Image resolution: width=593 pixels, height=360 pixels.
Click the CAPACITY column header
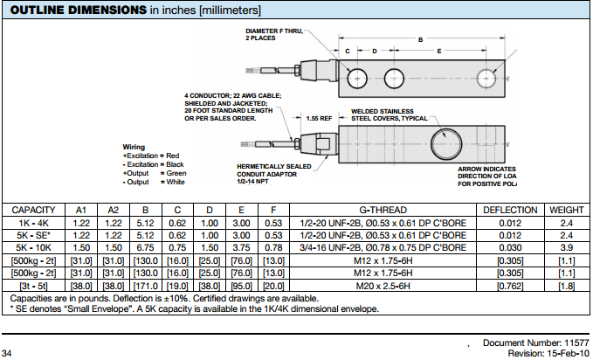point(34,211)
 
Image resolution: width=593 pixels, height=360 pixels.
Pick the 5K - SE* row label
point(34,236)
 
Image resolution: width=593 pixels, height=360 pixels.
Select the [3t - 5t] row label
point(34,286)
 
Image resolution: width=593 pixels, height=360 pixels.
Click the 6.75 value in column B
point(146,248)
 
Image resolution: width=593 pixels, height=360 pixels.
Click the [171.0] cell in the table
point(146,286)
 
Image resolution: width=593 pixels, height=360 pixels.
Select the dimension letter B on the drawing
point(420,39)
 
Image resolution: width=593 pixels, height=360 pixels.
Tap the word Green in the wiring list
point(176,173)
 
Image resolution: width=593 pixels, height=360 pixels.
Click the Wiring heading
point(134,147)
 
